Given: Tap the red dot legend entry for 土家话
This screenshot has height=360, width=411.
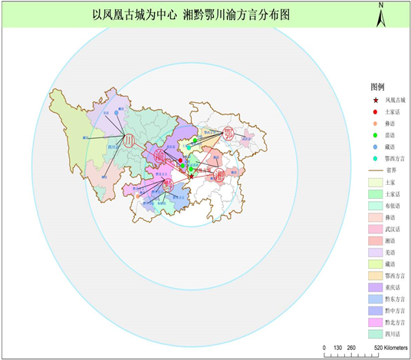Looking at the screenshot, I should pyautogui.click(x=375, y=112).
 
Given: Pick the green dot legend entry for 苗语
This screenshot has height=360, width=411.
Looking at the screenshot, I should pyautogui.click(x=375, y=135).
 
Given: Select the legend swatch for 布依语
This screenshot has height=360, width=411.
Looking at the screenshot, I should pyautogui.click(x=375, y=206).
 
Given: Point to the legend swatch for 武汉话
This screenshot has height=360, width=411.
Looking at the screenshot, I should pyautogui.click(x=375, y=229).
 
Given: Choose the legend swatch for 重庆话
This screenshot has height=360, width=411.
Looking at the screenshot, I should pyautogui.click(x=375, y=288).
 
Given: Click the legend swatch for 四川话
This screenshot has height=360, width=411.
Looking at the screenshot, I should pyautogui.click(x=375, y=334).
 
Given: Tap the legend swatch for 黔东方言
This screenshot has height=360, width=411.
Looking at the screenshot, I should pyautogui.click(x=375, y=299).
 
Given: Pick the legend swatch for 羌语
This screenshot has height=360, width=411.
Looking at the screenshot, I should pyautogui.click(x=375, y=253).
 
